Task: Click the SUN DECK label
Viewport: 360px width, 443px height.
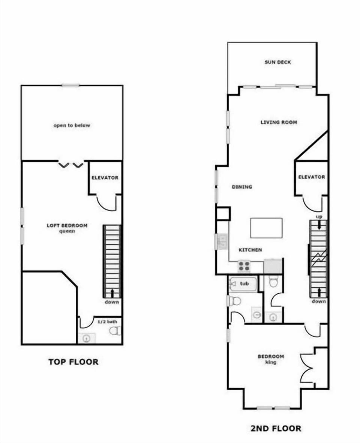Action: [277, 62]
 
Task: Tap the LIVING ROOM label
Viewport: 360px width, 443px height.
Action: [279, 122]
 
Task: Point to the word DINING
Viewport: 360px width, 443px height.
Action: [241, 187]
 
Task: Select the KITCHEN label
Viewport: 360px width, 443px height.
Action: [250, 250]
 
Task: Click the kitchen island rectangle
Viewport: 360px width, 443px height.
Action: [266, 228]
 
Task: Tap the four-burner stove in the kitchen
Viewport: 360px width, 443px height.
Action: [244, 266]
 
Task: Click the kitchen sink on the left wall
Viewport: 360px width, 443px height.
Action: [221, 241]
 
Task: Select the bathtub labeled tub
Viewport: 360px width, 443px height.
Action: [244, 284]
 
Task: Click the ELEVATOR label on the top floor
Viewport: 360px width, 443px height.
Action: [105, 178]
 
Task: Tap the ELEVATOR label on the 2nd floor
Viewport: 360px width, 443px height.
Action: [311, 177]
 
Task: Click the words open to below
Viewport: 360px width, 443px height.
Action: [72, 126]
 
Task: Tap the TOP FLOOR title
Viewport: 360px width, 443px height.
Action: [73, 362]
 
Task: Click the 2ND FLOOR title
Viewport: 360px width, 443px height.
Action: [275, 428]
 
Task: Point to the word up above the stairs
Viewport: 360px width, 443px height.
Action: [319, 217]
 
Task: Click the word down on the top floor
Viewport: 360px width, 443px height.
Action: [112, 302]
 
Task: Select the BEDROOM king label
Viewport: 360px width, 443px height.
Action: [271, 359]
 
